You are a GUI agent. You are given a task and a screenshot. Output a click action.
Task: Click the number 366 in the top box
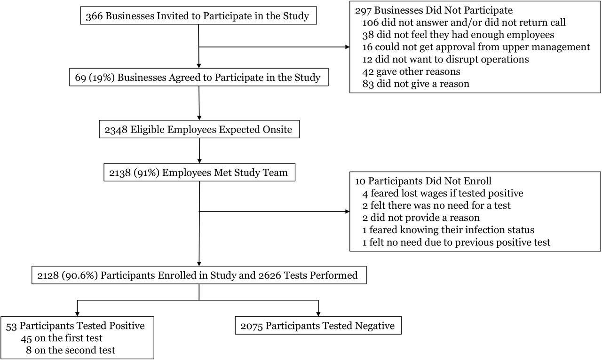[95, 16]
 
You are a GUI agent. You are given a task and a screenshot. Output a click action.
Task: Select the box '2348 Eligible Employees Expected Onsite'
[199, 129]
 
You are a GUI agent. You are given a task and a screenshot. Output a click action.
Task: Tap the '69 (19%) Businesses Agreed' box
[199, 77]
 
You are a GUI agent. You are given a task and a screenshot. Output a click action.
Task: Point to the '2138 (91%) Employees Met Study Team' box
[199, 172]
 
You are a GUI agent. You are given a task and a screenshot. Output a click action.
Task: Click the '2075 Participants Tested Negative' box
[318, 325]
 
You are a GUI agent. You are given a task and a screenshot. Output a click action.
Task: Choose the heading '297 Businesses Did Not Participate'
[434, 10]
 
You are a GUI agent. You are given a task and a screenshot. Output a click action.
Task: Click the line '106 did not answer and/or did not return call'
[464, 22]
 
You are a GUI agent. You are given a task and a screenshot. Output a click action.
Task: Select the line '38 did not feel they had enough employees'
[458, 35]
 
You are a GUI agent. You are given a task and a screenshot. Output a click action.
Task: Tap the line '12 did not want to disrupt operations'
[445, 59]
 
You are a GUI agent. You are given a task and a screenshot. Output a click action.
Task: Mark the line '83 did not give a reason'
[416, 84]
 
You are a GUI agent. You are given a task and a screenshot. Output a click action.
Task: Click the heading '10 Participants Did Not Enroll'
[423, 181]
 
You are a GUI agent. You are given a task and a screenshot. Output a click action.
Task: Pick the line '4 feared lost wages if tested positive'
[443, 193]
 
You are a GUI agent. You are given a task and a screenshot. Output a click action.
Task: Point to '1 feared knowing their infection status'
[448, 230]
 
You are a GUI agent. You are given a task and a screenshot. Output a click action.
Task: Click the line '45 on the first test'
[62, 338]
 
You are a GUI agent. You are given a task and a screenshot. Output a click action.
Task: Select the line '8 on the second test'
[71, 350]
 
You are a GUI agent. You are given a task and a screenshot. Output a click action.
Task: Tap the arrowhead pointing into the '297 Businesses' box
[347, 47]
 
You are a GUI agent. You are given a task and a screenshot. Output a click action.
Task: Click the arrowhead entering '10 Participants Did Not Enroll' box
[347, 211]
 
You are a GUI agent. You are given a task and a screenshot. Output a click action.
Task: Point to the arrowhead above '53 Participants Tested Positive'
[78, 314]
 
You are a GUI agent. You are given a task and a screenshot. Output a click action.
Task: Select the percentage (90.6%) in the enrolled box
[79, 275]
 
